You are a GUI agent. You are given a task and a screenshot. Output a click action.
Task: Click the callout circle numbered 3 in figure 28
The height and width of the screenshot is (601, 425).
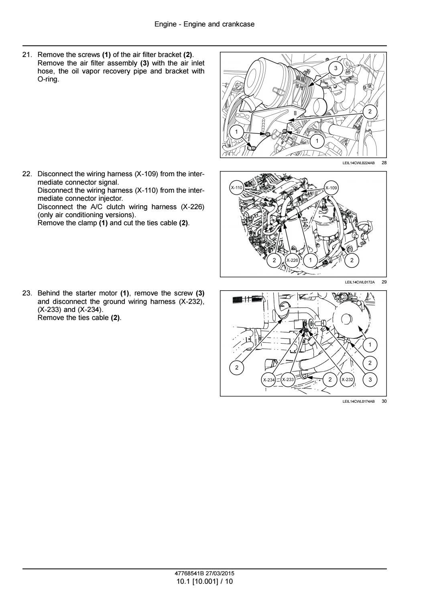pos(336,68)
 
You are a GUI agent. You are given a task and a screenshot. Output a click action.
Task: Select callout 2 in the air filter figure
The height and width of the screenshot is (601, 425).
pos(370,111)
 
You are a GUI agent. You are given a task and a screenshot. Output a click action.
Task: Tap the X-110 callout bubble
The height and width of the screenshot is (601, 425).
pos(236,188)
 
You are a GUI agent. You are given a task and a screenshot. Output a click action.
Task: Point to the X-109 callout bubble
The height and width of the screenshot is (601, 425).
pos(331,188)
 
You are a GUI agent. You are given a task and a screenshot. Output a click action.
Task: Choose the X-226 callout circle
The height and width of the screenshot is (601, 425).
pos(292,260)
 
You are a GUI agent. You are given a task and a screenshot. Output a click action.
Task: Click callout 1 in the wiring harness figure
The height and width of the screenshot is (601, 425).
pos(310,260)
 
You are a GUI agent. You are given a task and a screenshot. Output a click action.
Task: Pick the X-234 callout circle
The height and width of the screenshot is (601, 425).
pos(268,380)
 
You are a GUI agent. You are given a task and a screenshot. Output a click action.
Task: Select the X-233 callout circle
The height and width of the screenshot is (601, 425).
pos(288,379)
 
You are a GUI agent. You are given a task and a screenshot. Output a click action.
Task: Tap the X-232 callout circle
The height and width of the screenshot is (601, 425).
pos(347,379)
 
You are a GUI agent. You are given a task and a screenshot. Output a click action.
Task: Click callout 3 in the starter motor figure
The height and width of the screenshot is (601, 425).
pos(370,379)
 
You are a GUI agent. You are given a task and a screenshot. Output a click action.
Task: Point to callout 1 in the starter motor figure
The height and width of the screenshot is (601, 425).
pos(370,344)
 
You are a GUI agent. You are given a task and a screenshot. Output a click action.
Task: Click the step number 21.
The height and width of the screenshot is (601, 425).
pos(27,55)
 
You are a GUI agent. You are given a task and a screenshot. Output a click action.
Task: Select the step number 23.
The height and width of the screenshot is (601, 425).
pos(27,293)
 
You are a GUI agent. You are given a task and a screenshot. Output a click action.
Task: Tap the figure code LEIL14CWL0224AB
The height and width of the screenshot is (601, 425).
pos(358,163)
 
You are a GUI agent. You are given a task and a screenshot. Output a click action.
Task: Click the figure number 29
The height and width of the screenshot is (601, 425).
pos(384,282)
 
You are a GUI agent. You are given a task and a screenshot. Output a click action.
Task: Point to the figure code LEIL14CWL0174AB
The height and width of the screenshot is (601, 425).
pos(358,401)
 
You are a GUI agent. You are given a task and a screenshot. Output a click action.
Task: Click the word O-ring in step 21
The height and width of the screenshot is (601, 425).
pos(48,79)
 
